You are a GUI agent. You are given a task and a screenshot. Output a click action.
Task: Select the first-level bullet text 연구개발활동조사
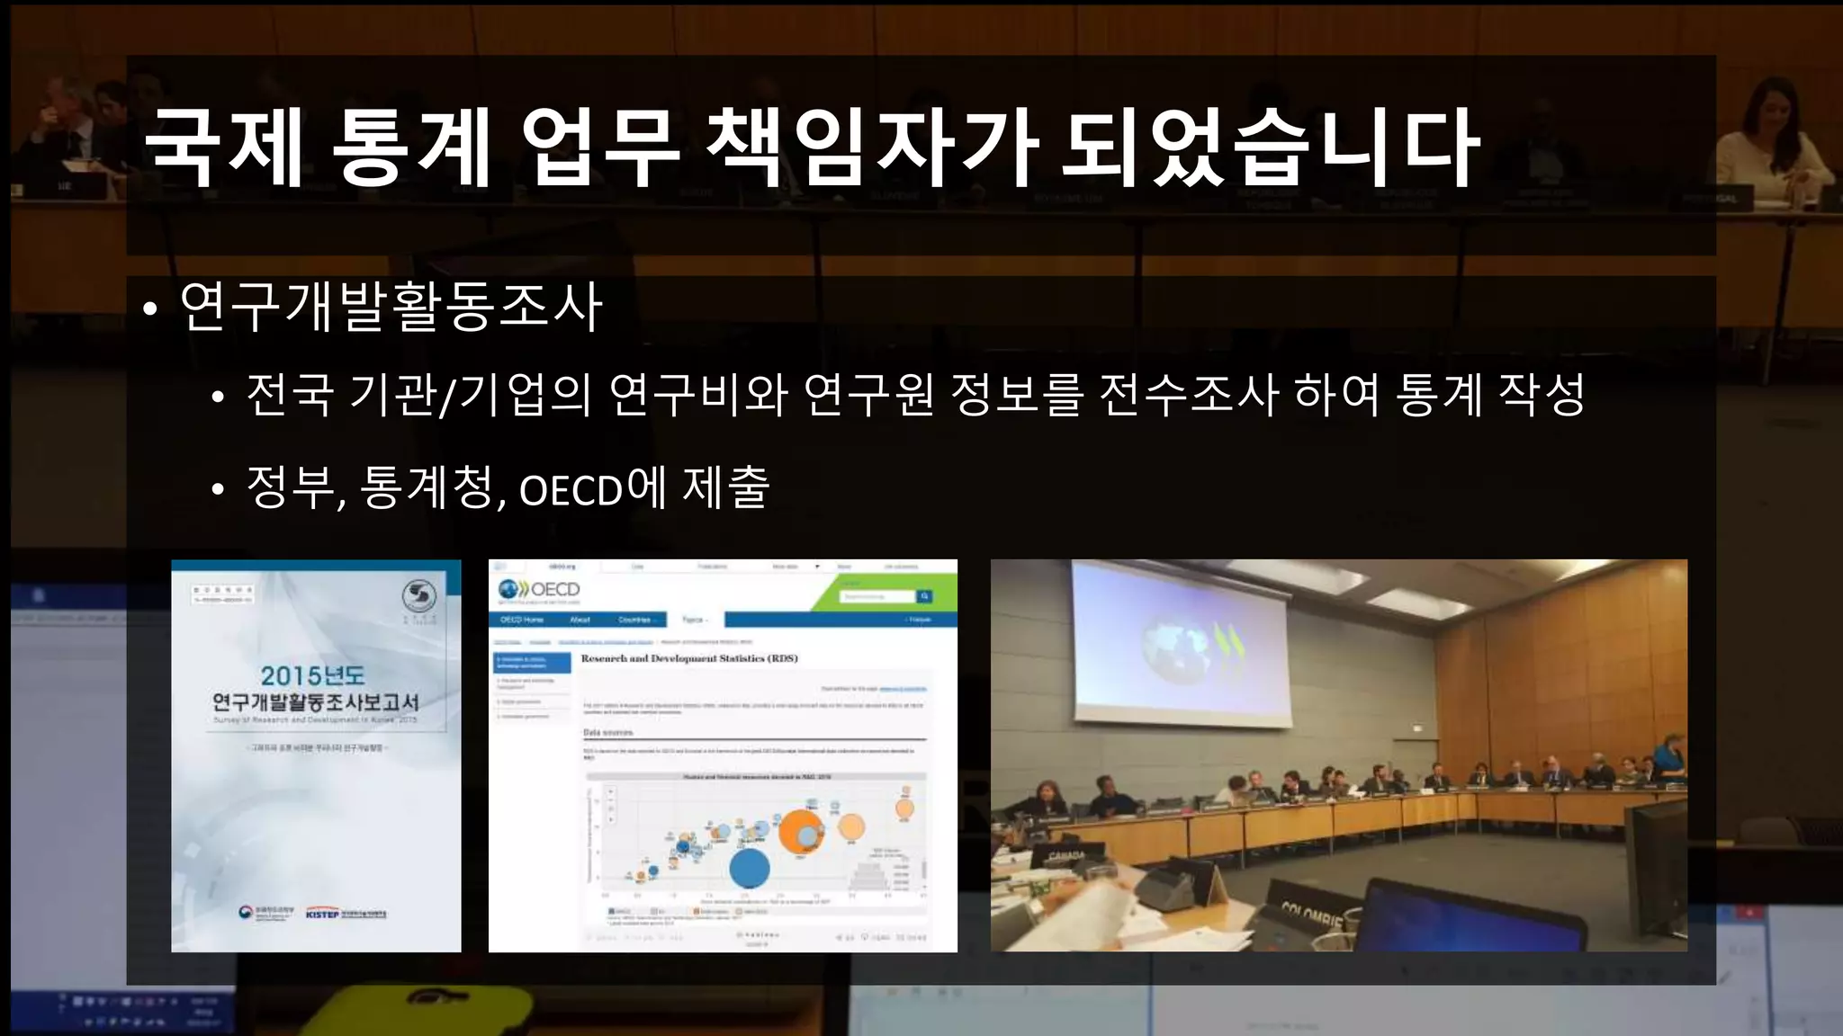coord(391,307)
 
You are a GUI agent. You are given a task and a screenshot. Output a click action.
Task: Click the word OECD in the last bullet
coord(571,491)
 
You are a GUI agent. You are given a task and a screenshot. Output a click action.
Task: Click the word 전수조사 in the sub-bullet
coord(1188,395)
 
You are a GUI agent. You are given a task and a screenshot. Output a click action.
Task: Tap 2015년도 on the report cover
coord(312,675)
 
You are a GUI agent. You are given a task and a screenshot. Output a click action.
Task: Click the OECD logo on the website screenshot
coord(540,590)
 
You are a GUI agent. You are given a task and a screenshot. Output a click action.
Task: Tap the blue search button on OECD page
coord(924,596)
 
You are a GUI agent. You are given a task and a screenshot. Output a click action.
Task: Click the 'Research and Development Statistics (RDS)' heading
coord(689,658)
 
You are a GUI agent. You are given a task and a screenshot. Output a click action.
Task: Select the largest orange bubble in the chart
coord(797,832)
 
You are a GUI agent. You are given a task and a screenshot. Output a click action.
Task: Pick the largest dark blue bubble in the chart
coord(749,869)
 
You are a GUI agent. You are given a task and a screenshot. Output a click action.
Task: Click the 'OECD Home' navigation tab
coord(522,620)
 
